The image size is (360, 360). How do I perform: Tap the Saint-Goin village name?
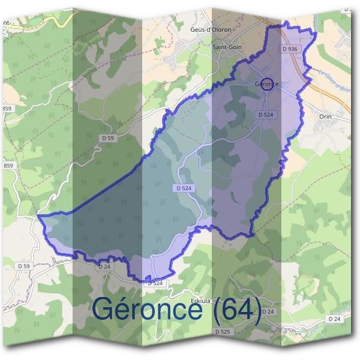(x=227, y=46)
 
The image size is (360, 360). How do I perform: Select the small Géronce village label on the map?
(x=266, y=84)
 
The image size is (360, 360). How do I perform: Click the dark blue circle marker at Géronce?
(x=268, y=83)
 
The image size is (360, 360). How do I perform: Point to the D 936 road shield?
(x=289, y=49)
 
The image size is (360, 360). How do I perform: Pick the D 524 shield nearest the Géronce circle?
(x=266, y=114)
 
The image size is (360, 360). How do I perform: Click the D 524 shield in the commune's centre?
(x=185, y=188)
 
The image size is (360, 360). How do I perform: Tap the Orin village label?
(x=326, y=116)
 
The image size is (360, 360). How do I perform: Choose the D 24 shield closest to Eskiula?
(x=268, y=312)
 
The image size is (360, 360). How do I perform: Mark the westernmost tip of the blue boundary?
(x=38, y=215)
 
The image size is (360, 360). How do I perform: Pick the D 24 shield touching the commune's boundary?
(x=104, y=266)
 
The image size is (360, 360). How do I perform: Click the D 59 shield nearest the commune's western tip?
(x=24, y=266)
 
